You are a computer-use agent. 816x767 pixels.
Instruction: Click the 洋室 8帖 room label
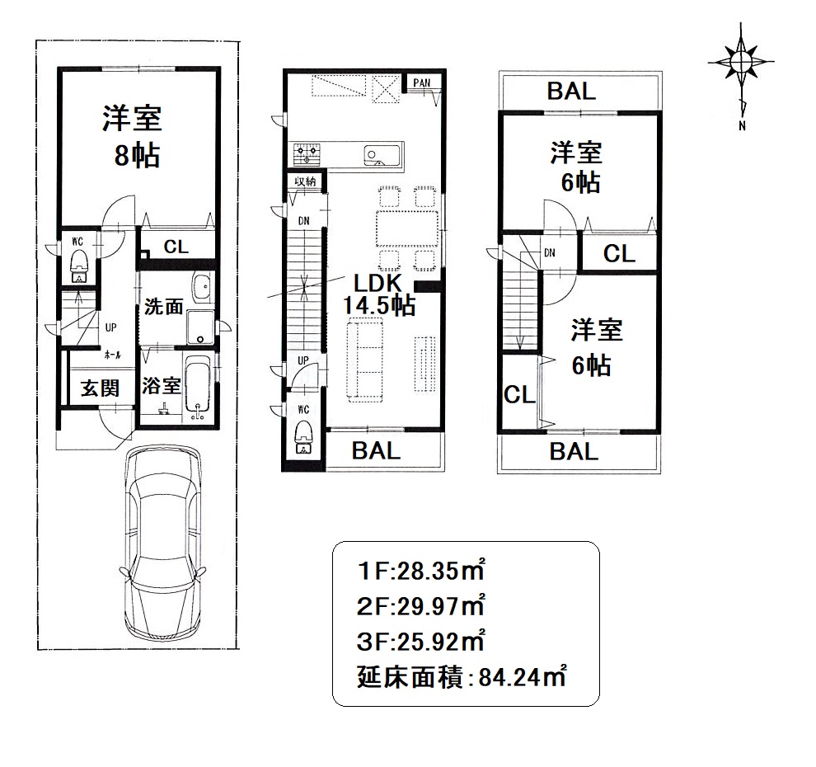coord(132,136)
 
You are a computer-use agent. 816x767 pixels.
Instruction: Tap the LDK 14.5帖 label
coord(378,294)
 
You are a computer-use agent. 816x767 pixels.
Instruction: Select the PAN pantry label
coord(422,82)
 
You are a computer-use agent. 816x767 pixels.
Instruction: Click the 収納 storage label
coord(306,181)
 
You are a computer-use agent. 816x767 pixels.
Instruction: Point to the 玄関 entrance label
coord(100,388)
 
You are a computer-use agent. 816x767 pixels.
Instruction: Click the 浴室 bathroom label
coord(162,386)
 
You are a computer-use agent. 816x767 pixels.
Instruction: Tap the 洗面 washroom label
coord(163,306)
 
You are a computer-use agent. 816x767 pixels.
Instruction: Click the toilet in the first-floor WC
coord(78,266)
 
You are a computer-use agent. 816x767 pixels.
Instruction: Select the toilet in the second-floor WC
coord(303,438)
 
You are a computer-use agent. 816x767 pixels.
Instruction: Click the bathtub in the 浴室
coord(197,388)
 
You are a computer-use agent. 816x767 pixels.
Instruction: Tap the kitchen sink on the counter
coord(382,155)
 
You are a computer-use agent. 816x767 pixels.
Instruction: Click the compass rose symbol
coord(740,63)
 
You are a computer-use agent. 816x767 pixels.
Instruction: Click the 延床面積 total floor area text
coord(410,678)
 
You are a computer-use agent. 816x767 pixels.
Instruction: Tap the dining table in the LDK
coord(407,228)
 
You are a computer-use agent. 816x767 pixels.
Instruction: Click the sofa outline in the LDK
coord(365,360)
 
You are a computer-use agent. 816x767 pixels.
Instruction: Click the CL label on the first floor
coord(176,247)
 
